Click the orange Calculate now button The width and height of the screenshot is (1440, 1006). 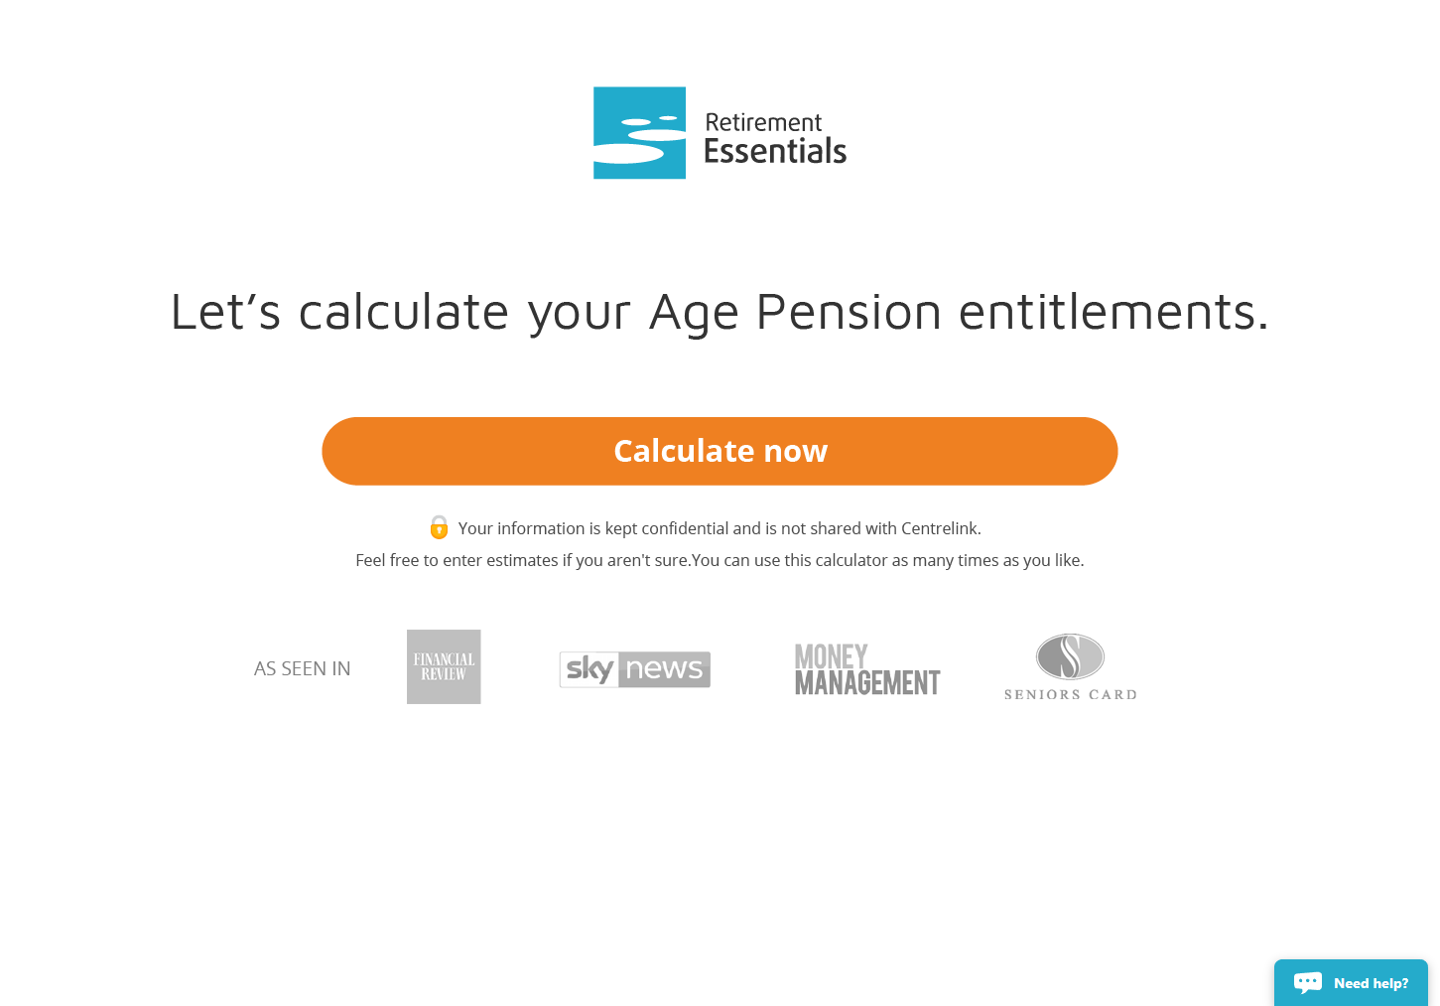(x=720, y=451)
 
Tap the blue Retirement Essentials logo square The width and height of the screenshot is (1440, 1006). (x=639, y=132)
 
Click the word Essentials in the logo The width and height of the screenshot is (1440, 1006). (x=775, y=151)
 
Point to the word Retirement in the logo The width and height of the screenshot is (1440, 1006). (x=763, y=121)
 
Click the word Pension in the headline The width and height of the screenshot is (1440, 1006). (x=849, y=311)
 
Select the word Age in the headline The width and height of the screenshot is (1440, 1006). (x=694, y=313)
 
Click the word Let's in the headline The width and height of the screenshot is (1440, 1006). (x=225, y=311)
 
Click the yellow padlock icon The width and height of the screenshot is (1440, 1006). (x=439, y=527)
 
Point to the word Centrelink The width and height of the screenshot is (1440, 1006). (x=940, y=528)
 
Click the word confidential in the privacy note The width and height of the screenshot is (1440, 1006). (x=685, y=528)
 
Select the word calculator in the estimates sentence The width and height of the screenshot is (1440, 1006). (x=851, y=560)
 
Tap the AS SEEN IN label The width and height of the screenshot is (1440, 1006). (x=302, y=669)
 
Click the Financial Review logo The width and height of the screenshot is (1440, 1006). (x=444, y=666)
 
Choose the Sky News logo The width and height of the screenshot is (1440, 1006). (x=635, y=669)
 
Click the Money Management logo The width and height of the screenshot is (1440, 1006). (x=867, y=669)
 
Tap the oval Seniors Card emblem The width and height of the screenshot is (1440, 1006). (x=1070, y=656)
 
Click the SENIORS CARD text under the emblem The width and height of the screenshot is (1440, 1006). (x=1071, y=695)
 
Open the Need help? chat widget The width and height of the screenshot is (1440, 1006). (x=1351, y=982)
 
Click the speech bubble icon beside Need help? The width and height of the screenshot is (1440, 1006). (x=1308, y=983)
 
